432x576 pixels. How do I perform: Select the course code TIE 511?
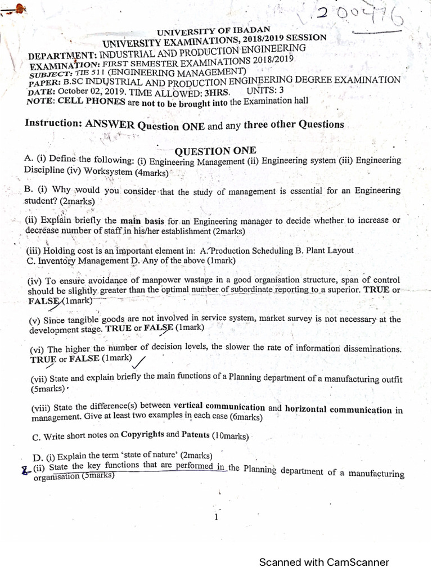click(90, 73)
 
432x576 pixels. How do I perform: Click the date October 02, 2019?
click(84, 92)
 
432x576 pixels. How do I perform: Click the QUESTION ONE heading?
click(215, 150)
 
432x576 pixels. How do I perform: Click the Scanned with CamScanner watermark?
click(323, 562)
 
